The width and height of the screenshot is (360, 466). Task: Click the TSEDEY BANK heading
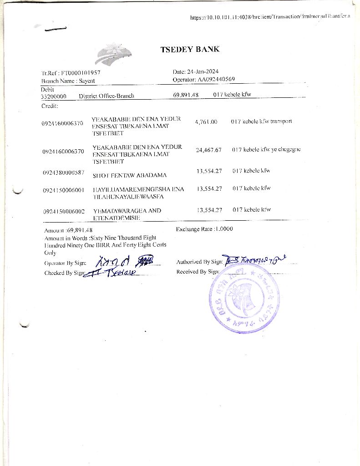coord(190,50)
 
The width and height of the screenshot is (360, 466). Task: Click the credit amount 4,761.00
coord(206,122)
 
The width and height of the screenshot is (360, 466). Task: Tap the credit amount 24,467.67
coord(208,150)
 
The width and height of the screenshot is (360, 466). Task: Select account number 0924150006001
coord(63,189)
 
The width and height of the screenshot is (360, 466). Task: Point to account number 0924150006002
coord(64,211)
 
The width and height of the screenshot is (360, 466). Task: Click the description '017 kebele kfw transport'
coord(261,122)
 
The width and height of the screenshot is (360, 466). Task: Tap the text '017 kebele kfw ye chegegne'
coord(266,149)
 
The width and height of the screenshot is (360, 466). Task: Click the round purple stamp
coord(244,299)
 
